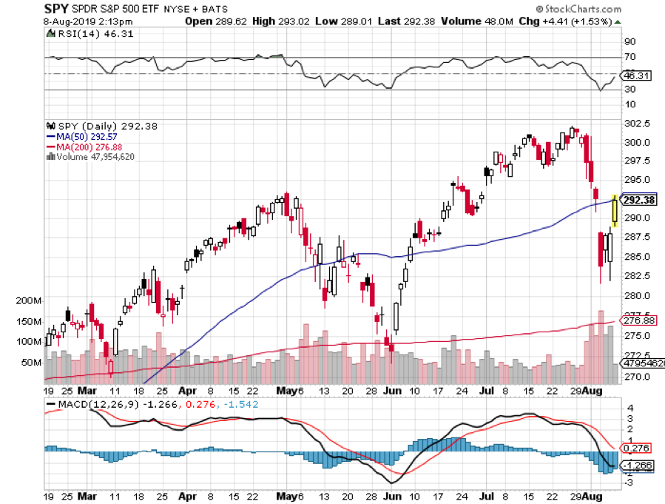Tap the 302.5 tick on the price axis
[637, 123]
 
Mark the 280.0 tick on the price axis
[637, 295]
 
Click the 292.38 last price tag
[637, 200]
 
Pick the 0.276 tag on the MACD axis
[637, 448]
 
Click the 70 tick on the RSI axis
[629, 57]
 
